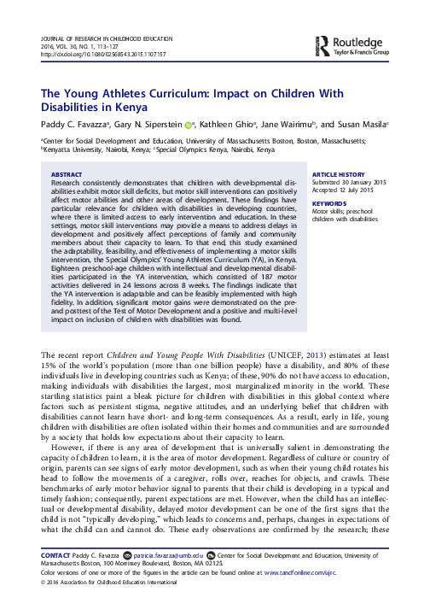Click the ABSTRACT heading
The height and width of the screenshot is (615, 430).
pyautogui.click(x=67, y=173)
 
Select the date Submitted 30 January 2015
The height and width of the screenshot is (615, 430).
pyautogui.click(x=350, y=182)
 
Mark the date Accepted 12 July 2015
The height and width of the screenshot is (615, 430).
pyautogui.click(x=346, y=190)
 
